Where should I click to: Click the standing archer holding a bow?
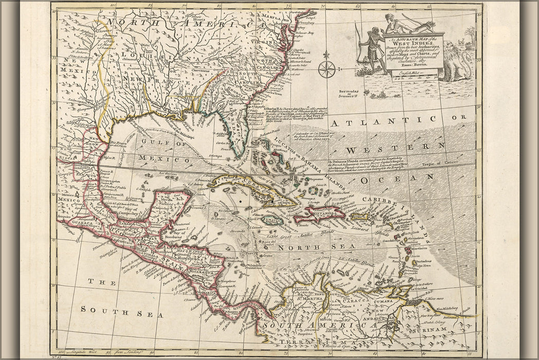point(366,52)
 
